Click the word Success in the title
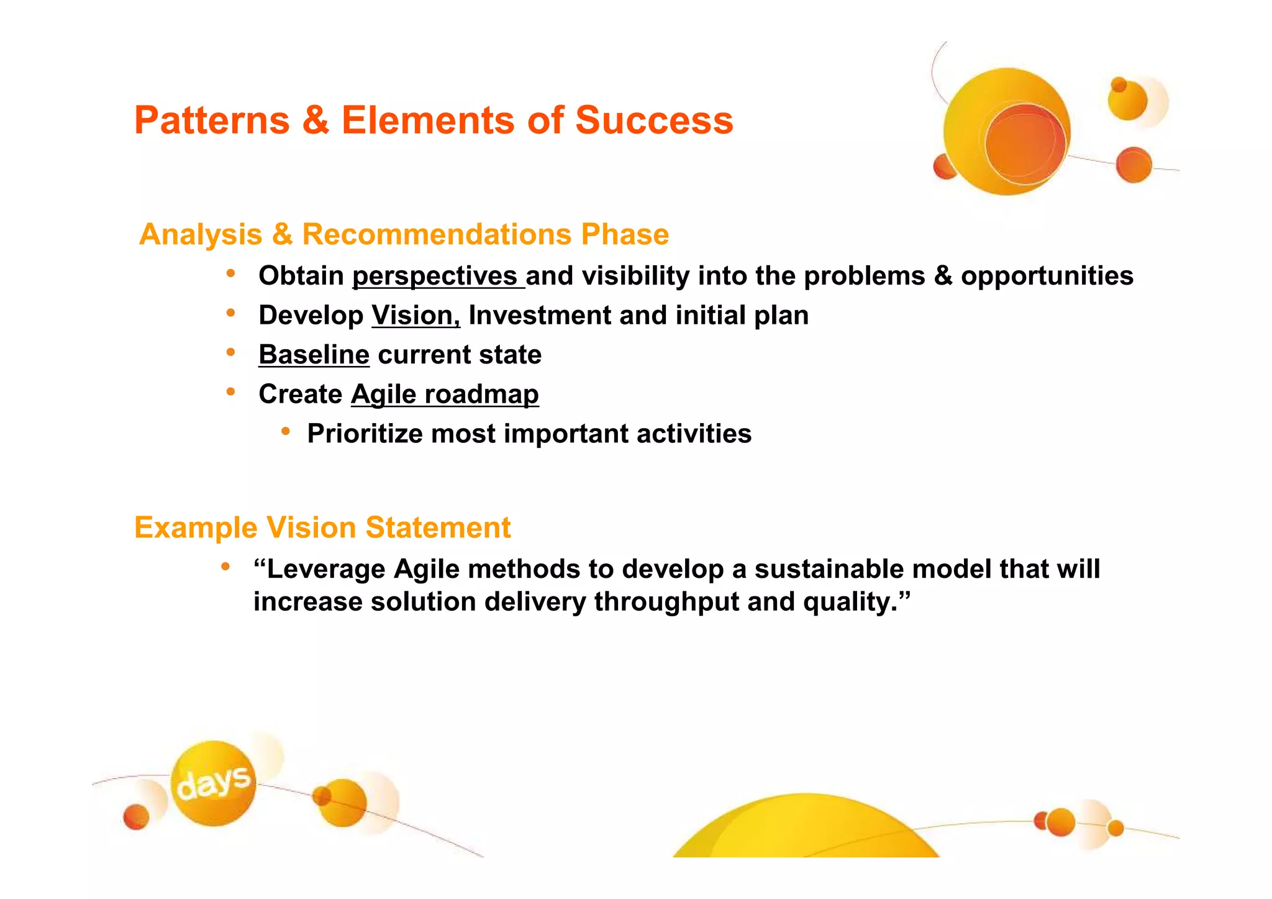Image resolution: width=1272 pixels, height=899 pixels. pyautogui.click(x=653, y=120)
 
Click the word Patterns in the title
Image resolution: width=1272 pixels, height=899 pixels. pyautogui.click(x=212, y=120)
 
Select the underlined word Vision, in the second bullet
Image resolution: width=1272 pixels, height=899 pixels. pyautogui.click(x=416, y=316)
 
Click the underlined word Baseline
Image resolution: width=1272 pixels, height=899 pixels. pyautogui.click(x=314, y=355)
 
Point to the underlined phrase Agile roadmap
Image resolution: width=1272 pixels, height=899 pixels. pyautogui.click(x=445, y=395)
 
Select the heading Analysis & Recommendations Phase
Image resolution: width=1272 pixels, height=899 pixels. pyautogui.click(x=404, y=234)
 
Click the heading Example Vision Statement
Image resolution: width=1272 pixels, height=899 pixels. pyautogui.click(x=322, y=527)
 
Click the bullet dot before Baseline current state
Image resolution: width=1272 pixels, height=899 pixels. pyautogui.click(x=230, y=353)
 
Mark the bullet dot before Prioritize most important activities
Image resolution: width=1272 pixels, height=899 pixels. pyautogui.click(x=285, y=431)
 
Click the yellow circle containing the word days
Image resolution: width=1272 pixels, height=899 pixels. pyautogui.click(x=213, y=783)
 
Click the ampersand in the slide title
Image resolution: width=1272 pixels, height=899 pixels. pyautogui.click(x=316, y=120)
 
